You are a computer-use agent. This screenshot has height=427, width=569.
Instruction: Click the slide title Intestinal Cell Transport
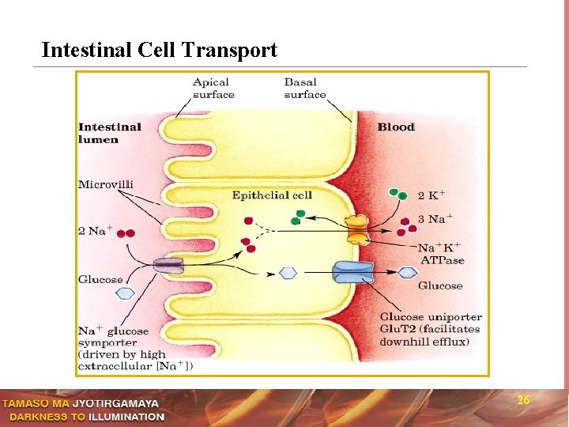159,51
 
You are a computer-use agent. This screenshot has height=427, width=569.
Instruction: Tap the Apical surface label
213,88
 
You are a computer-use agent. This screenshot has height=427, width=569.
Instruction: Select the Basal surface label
304,88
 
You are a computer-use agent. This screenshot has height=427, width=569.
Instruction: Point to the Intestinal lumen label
110,133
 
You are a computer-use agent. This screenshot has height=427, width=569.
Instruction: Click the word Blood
396,127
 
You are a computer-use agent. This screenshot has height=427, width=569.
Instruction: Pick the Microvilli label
106,184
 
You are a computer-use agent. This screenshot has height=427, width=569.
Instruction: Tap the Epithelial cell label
272,195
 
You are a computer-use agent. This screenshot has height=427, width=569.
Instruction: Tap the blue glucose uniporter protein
353,273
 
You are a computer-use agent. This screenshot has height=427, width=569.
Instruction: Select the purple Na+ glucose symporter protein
168,266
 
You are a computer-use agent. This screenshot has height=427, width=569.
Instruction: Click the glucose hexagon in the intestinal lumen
126,293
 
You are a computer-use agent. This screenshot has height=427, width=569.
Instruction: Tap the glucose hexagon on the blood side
407,273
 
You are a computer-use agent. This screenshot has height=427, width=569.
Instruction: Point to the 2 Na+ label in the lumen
95,231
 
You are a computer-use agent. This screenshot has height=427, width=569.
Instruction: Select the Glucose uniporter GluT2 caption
431,329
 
